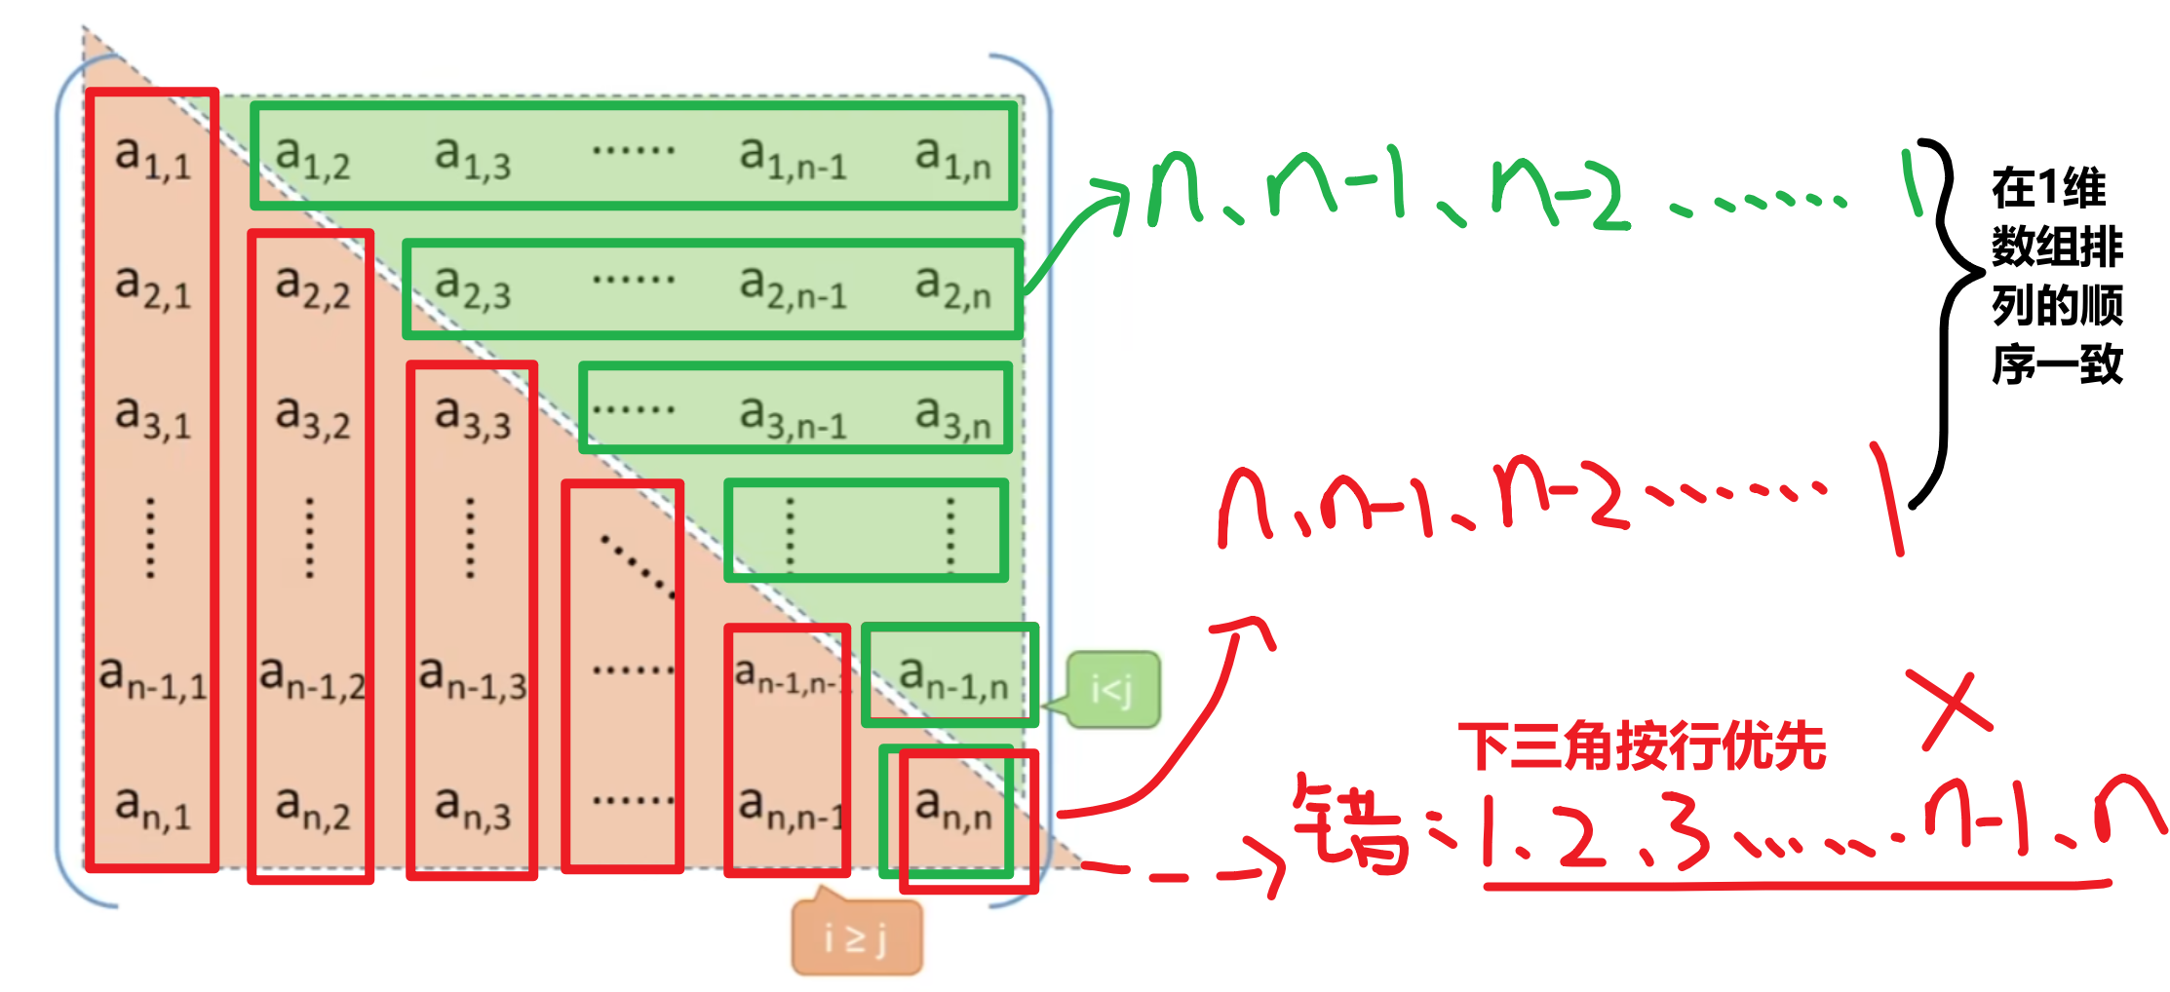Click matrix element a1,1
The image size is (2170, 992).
click(x=152, y=160)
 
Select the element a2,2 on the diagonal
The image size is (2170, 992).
click(x=312, y=288)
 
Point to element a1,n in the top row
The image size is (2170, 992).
click(x=952, y=159)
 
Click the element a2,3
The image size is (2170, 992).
click(x=472, y=288)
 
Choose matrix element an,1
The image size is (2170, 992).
click(x=152, y=810)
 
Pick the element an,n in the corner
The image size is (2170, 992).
click(x=953, y=810)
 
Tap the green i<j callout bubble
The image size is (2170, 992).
click(x=1112, y=691)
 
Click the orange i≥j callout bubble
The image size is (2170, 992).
click(x=856, y=938)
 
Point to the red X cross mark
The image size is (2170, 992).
click(x=1951, y=709)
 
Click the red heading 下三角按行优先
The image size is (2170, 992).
click(x=1642, y=746)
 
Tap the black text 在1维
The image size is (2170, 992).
click(x=2048, y=188)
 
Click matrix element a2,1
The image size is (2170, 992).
click(x=152, y=288)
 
